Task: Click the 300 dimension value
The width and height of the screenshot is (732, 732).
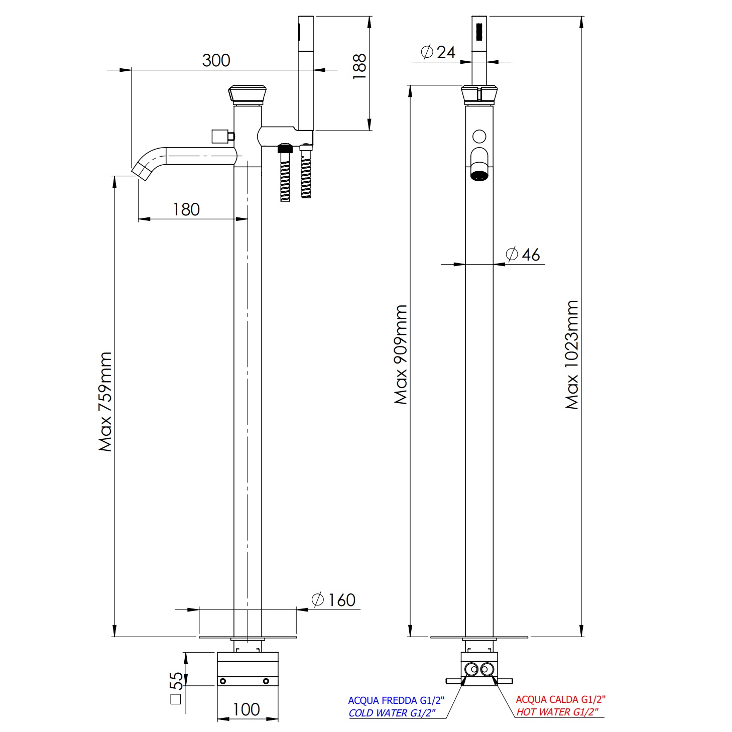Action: (x=216, y=60)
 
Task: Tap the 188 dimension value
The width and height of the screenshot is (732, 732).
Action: (x=359, y=66)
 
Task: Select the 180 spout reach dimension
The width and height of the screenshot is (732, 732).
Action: (x=186, y=209)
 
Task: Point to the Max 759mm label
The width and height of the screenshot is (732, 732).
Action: (x=105, y=402)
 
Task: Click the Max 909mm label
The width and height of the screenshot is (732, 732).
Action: (x=401, y=354)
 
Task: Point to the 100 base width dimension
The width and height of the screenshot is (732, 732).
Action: (x=246, y=709)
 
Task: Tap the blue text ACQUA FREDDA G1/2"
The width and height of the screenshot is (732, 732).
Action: (x=396, y=700)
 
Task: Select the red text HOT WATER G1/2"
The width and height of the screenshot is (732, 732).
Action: (x=557, y=712)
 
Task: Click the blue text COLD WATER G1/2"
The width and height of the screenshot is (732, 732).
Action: (x=392, y=713)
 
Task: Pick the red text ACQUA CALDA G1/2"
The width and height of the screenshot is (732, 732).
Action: (x=560, y=699)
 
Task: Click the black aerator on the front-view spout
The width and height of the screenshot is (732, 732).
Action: (x=479, y=176)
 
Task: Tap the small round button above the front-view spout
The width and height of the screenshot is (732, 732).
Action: (x=479, y=136)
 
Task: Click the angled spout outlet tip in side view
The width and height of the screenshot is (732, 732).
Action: (x=142, y=171)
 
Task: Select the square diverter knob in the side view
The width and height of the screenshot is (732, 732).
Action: (x=219, y=136)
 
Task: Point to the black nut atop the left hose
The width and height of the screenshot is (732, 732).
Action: (x=285, y=149)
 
